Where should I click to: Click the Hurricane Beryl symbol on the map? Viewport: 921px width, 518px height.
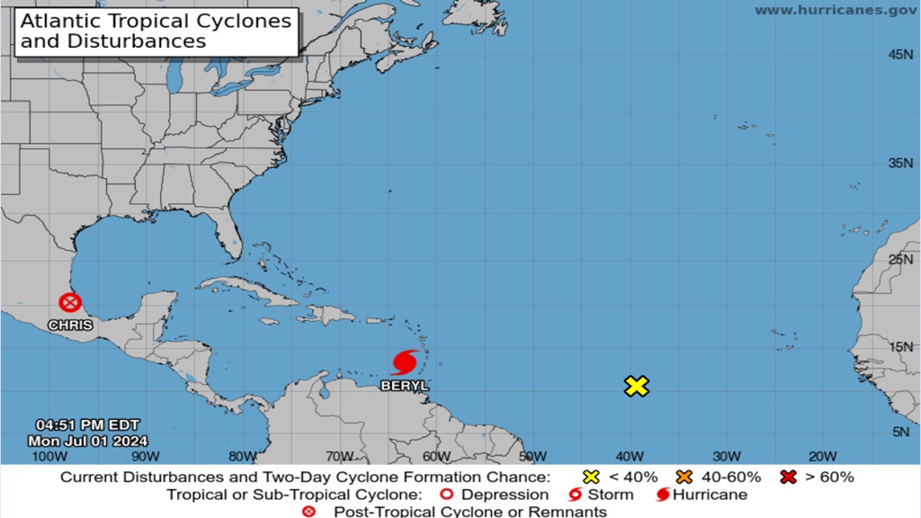point(405,362)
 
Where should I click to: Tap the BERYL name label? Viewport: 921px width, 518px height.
point(405,385)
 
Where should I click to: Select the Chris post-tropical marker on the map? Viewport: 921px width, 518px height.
point(69,303)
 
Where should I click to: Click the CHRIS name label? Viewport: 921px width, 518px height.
point(70,325)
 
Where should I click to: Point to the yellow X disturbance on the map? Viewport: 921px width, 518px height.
point(636,387)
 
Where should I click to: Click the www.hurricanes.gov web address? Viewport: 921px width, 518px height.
point(836,10)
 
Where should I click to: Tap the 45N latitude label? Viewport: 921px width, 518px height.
point(900,55)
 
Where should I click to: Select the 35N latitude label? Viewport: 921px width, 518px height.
point(900,163)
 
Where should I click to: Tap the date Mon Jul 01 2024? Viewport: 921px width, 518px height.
point(86,440)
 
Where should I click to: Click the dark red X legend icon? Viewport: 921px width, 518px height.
point(789,477)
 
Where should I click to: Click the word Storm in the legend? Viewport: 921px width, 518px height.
point(610,495)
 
